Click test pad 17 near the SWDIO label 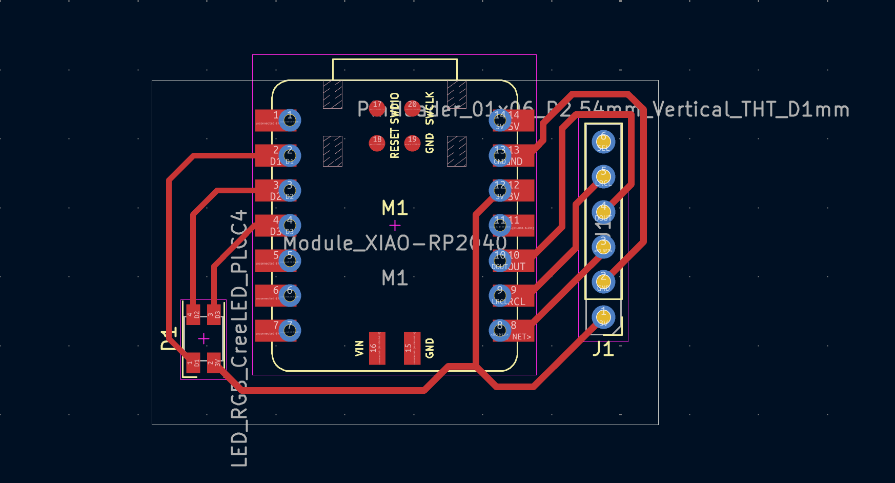point(377,108)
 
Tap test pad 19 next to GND point(412,143)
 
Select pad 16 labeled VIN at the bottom point(377,348)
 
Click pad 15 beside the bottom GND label point(412,348)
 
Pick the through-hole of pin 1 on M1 point(290,120)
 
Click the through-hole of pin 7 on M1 point(290,331)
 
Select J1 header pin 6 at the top point(603,142)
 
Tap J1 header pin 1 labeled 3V point(603,317)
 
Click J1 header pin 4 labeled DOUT point(603,212)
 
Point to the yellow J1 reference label point(603,350)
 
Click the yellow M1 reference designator point(395,208)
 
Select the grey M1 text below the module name point(395,278)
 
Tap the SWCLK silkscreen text point(430,108)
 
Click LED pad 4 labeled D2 point(193,314)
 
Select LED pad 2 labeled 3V point(214,363)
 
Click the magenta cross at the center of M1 point(395,226)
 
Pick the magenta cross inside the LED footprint point(204,339)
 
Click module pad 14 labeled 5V point(513,120)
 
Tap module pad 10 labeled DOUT point(513,260)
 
